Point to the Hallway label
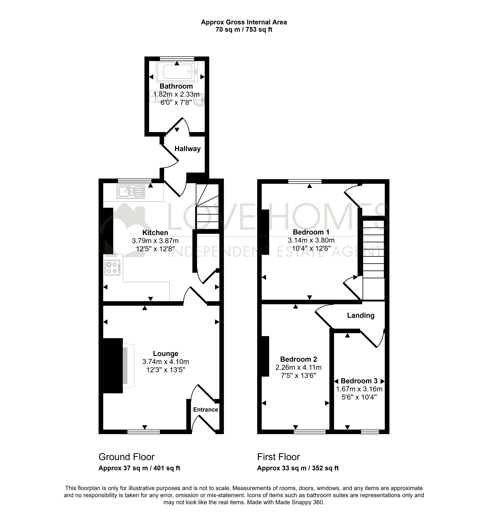point(188,149)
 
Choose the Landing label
point(361,315)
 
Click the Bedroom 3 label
point(359,381)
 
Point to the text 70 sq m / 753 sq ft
point(244,30)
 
